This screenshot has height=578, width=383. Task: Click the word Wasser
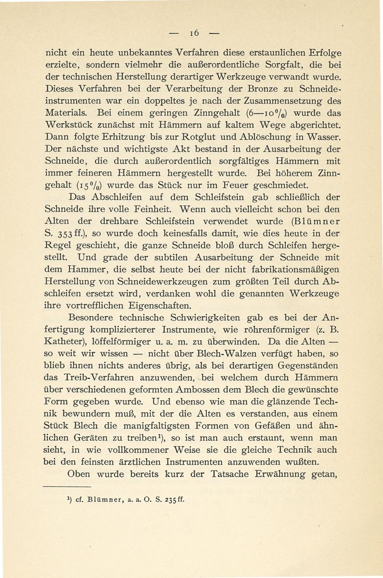tap(317, 139)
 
